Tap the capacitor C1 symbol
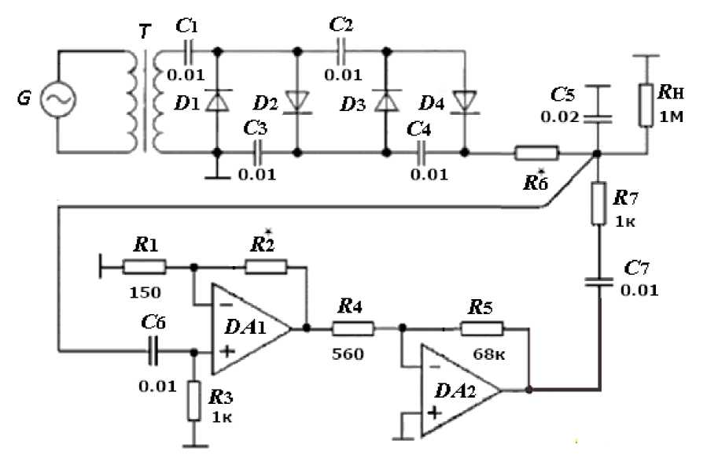click(x=187, y=52)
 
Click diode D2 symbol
click(x=297, y=101)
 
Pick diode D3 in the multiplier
click(x=386, y=101)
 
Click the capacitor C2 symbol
click(x=342, y=52)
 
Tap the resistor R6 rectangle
click(x=536, y=153)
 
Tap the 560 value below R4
click(x=348, y=354)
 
